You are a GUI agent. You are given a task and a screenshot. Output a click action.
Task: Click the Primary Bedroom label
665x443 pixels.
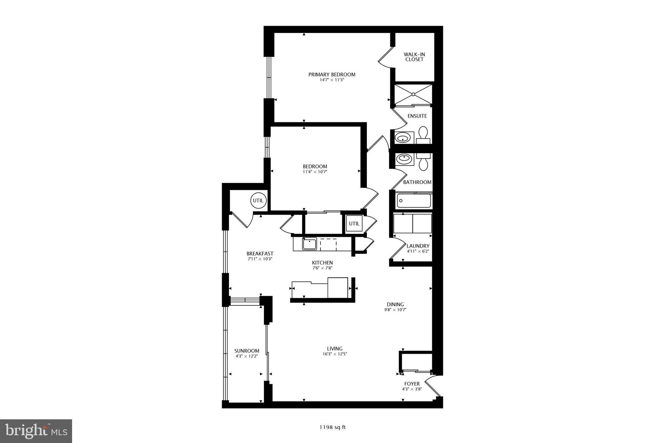(332, 74)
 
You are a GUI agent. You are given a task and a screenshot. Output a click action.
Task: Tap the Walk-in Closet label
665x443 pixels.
(414, 57)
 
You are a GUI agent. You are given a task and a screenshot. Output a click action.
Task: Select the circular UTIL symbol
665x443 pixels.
(258, 201)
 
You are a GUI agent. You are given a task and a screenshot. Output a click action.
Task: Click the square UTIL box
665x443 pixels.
(354, 224)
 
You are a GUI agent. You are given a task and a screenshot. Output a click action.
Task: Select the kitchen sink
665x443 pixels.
(309, 244)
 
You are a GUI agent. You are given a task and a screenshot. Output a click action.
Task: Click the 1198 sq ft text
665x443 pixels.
(332, 427)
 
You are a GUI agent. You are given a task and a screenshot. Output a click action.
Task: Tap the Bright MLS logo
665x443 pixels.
(36, 431)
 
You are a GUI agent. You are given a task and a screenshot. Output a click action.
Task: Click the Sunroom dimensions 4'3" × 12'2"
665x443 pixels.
(247, 356)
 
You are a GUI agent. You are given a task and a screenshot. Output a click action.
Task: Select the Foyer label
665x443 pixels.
(412, 384)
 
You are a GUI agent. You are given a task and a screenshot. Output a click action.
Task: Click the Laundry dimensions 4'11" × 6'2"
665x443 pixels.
(418, 251)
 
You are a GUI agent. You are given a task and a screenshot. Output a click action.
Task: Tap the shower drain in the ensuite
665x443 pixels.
(413, 94)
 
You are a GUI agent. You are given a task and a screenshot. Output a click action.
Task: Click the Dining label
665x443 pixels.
(395, 304)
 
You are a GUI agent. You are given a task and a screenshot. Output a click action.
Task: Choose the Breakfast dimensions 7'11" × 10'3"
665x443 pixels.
(260, 259)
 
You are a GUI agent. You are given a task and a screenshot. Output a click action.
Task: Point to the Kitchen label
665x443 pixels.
(322, 263)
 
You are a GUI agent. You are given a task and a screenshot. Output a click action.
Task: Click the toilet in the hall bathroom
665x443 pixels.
(423, 162)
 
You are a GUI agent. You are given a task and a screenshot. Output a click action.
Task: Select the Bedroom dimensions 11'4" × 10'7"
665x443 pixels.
(315, 172)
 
